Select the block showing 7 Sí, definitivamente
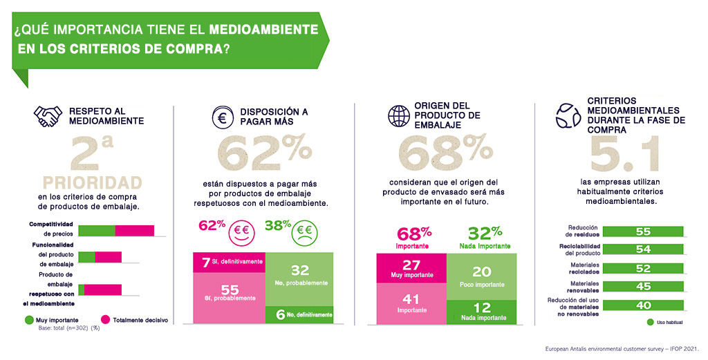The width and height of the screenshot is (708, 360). coord(229,263)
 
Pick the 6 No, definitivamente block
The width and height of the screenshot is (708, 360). coord(299,314)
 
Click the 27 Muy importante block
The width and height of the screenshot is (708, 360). coord(411,267)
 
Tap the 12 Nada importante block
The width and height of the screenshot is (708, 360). coord(481,312)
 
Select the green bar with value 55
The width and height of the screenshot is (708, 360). coord(643,231)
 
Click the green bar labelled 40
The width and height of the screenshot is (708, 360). coord(643,305)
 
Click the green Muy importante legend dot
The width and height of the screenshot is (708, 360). coord(29,320)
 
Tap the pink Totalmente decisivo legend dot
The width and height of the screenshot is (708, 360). coord(106,320)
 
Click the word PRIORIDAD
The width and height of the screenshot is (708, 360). coord(93,182)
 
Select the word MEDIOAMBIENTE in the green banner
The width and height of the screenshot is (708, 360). coord(263,31)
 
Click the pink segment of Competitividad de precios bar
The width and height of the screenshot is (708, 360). coord(134,231)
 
